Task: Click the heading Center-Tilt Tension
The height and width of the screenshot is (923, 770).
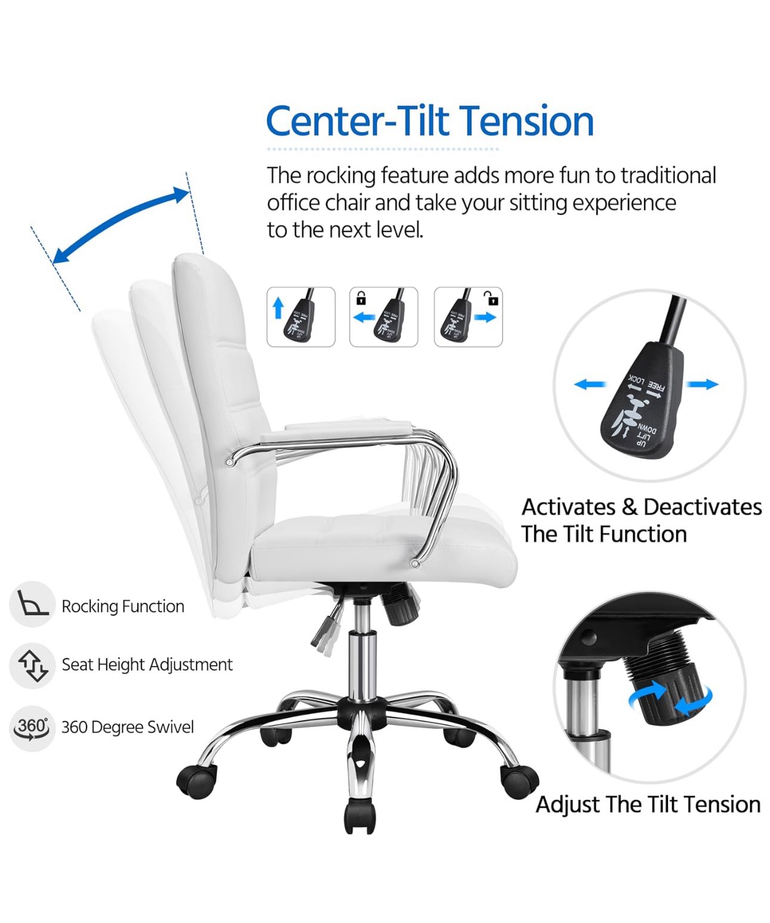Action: pyautogui.click(x=430, y=121)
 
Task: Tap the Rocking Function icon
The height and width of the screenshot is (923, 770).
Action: pyautogui.click(x=32, y=604)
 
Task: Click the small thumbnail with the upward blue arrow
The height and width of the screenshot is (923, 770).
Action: pyautogui.click(x=301, y=317)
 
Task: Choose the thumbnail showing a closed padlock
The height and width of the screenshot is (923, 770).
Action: pyautogui.click(x=383, y=317)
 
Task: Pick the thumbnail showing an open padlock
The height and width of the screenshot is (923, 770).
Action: pyautogui.click(x=468, y=317)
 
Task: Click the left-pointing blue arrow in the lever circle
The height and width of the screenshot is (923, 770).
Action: pyautogui.click(x=590, y=385)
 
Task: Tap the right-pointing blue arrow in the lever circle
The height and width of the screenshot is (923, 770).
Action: pyautogui.click(x=702, y=385)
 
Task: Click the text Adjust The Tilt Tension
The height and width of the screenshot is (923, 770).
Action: pyautogui.click(x=648, y=804)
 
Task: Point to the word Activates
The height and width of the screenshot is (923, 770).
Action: pyautogui.click(x=568, y=507)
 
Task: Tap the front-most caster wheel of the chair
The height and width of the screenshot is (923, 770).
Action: pyautogui.click(x=360, y=817)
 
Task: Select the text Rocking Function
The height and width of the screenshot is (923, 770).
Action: pyautogui.click(x=123, y=606)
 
